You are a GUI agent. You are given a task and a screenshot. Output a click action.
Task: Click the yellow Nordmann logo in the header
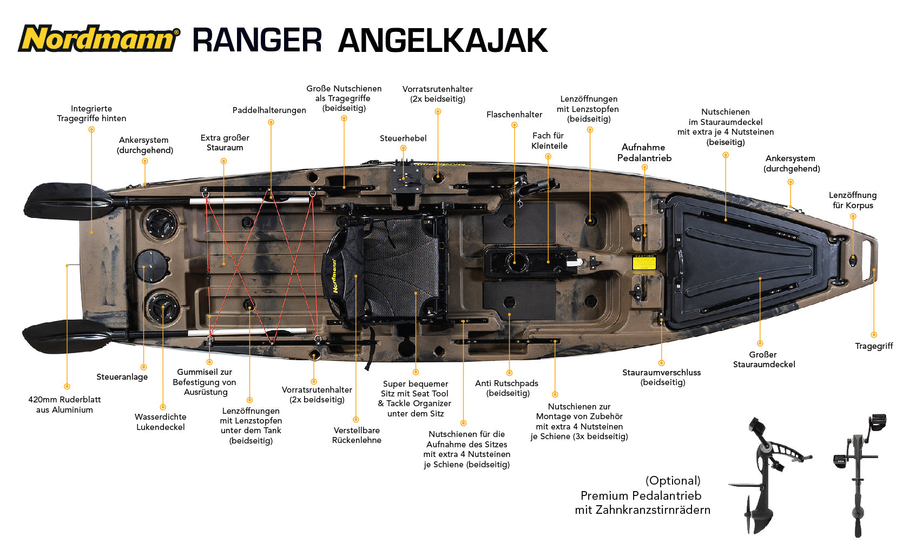tap(98, 38)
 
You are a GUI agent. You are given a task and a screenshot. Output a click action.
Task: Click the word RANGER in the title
tap(258, 41)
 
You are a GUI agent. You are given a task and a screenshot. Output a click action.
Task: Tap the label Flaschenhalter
tap(514, 115)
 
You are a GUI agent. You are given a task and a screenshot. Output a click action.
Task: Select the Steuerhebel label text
tap(403, 138)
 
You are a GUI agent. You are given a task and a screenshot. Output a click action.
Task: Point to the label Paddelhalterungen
tap(269, 110)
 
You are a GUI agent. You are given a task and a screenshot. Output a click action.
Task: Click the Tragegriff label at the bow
tap(874, 346)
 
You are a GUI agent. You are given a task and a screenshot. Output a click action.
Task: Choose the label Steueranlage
tap(122, 377)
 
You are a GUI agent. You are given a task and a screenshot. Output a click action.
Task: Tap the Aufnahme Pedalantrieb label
tap(644, 153)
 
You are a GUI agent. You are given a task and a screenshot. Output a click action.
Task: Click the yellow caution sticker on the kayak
tap(644, 263)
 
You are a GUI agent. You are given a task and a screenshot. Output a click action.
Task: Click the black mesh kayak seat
tap(385, 270)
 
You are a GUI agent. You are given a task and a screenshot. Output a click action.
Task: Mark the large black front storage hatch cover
tap(751, 262)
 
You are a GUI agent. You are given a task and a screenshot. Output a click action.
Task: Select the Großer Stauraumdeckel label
tap(764, 360)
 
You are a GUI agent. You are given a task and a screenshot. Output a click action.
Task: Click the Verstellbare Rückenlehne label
tap(356, 435)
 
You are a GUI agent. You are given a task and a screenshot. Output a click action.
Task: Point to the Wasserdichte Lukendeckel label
tap(160, 422)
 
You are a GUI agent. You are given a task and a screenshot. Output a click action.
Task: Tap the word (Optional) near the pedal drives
tap(673, 481)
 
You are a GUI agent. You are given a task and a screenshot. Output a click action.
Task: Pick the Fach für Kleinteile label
tap(549, 141)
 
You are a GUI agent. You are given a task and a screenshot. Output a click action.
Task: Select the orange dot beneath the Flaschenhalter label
tap(514, 125)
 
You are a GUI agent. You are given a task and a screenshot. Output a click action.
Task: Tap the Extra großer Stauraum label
tap(225, 143)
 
